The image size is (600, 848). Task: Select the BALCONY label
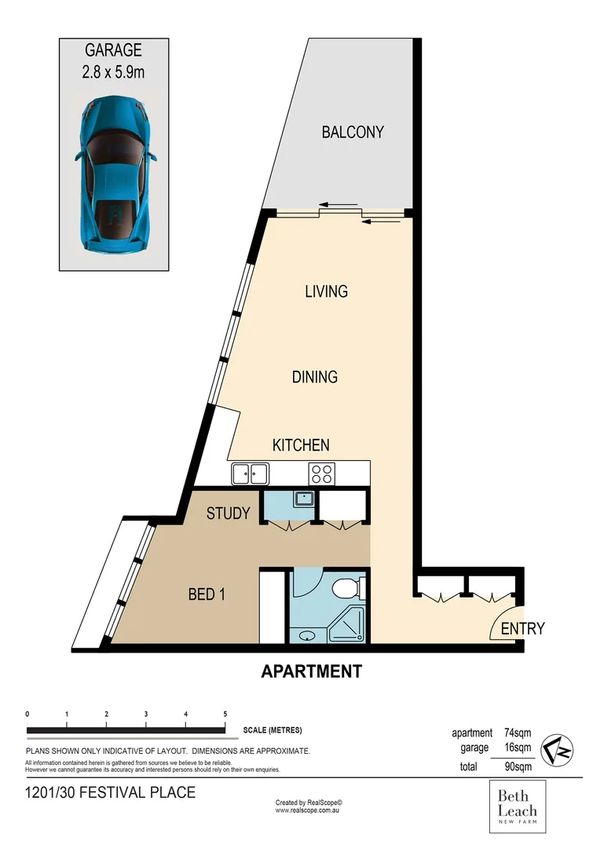click(353, 132)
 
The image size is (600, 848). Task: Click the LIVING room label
click(326, 291)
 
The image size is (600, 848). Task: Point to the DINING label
click(314, 377)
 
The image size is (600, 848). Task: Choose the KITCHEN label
click(300, 445)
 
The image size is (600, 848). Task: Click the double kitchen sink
click(250, 473)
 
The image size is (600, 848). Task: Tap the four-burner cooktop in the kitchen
click(322, 473)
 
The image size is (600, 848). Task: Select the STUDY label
click(228, 514)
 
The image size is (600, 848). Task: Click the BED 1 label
click(207, 594)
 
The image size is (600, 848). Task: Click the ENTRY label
click(522, 628)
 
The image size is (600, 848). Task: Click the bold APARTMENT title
click(311, 671)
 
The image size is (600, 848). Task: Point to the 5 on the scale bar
click(225, 714)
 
